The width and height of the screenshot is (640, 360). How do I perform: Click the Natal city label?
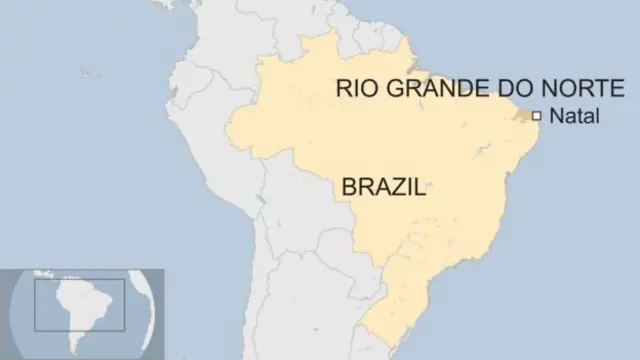point(574,117)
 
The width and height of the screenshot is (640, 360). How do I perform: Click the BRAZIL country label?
point(383,187)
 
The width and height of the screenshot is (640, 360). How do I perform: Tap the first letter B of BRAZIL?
point(350,187)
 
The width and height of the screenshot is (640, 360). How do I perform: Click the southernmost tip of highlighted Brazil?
point(366,344)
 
